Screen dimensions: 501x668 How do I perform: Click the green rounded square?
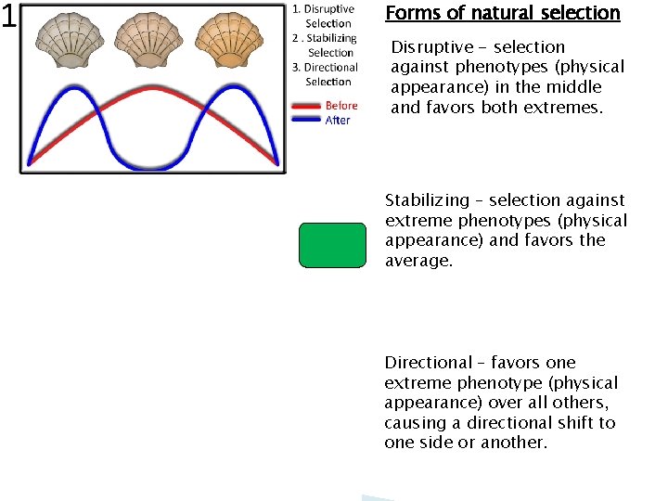point(332,246)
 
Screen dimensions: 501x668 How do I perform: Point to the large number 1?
point(9,17)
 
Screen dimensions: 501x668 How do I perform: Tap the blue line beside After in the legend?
point(306,120)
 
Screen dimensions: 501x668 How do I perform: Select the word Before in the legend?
point(340,106)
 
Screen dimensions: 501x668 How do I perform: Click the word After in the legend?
point(338,121)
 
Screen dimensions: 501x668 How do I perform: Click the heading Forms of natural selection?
point(502,13)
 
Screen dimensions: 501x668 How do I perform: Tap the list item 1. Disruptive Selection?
point(325,17)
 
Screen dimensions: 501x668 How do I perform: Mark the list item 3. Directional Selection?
point(326,74)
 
